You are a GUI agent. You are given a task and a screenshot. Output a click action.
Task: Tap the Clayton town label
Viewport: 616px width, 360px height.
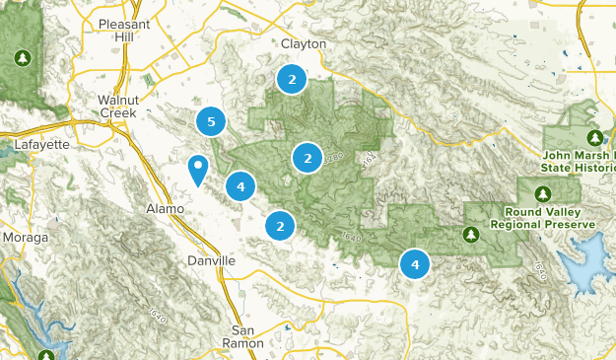click(x=303, y=45)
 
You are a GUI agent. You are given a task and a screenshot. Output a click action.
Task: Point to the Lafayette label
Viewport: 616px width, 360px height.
click(x=41, y=144)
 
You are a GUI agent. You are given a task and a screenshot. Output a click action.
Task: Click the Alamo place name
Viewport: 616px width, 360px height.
click(x=159, y=209)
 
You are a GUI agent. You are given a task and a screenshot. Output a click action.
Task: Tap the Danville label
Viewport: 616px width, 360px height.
click(x=211, y=260)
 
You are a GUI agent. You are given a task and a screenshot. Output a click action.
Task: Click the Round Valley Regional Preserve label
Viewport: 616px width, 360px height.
click(x=549, y=218)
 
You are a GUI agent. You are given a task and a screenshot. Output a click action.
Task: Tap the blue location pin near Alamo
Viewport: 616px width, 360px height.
click(x=198, y=170)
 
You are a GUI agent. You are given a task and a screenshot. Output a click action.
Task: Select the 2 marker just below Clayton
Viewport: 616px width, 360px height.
click(x=291, y=79)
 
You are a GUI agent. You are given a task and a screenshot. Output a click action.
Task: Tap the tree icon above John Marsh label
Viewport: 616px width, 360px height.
click(x=594, y=137)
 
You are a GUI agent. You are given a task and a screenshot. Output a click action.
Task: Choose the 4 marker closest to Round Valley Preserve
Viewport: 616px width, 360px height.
click(x=415, y=264)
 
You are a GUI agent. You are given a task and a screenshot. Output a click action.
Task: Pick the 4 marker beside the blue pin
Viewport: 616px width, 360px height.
click(x=240, y=185)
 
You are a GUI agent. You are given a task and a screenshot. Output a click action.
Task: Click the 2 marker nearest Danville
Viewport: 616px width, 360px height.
click(x=280, y=226)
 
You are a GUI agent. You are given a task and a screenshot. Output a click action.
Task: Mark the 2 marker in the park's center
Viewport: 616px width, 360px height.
click(x=308, y=157)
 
